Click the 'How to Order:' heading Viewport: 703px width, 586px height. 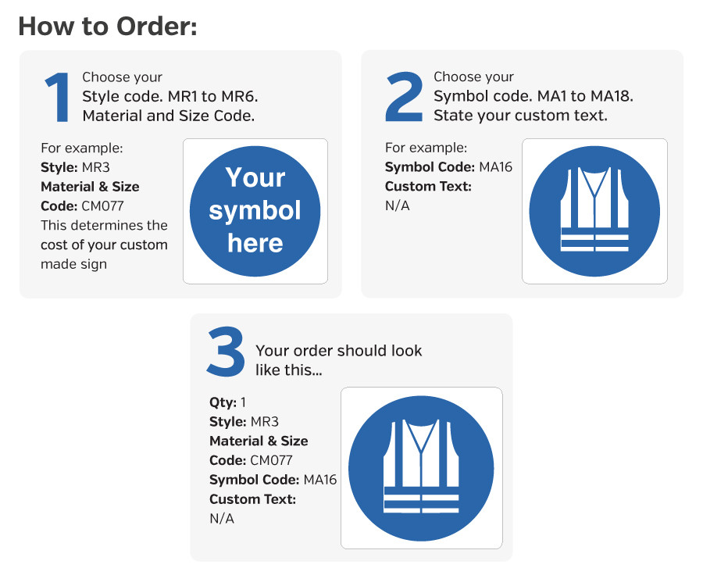(108, 26)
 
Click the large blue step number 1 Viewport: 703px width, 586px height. (57, 98)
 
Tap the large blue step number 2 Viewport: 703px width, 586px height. (404, 97)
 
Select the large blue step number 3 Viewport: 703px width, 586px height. (226, 351)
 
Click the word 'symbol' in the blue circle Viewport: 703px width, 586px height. (255, 211)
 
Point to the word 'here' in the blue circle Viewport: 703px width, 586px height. (255, 243)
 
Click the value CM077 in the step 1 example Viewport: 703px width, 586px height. (102, 205)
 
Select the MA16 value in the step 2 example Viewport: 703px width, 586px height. (495, 166)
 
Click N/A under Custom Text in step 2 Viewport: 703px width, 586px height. (398, 205)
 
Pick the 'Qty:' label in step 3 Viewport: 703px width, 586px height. (223, 402)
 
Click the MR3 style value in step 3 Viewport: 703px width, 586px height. (265, 421)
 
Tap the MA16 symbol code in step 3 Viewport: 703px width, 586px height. (320, 480)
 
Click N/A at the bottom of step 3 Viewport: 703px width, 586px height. (222, 519)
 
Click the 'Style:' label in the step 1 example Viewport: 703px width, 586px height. (59, 168)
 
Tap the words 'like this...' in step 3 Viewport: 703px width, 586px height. (289, 370)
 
